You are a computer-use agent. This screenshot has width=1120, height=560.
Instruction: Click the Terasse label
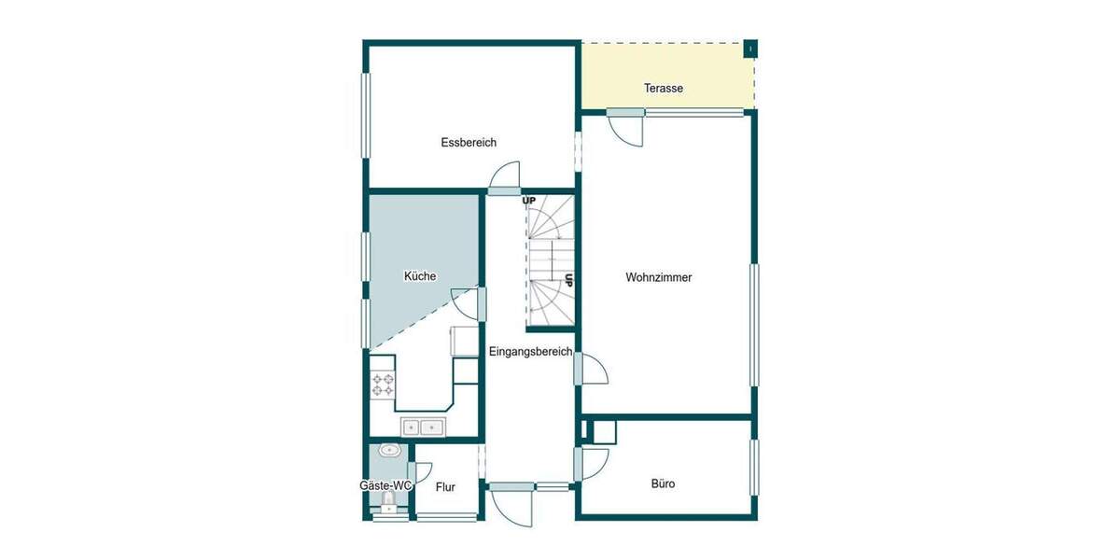(x=664, y=89)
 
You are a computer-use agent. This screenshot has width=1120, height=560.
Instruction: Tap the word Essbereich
(x=469, y=143)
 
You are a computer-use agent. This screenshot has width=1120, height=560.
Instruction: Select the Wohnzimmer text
(x=659, y=277)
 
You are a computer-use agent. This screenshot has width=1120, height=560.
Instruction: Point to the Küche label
(x=419, y=276)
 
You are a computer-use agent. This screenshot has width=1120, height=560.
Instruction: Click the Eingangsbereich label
(x=530, y=351)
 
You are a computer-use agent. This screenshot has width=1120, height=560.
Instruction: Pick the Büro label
(x=663, y=483)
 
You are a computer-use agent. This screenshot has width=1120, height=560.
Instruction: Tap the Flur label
(x=445, y=486)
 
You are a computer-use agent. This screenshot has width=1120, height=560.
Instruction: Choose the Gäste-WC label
(x=385, y=486)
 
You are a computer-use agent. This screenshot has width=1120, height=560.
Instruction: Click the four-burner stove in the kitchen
(x=382, y=385)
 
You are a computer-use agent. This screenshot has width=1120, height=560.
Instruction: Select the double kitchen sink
(x=422, y=427)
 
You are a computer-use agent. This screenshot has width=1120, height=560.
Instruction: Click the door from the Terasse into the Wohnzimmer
(x=627, y=127)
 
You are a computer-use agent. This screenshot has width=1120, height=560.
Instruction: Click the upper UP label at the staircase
(x=529, y=201)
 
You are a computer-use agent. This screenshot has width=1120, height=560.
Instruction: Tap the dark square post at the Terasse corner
(x=749, y=49)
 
